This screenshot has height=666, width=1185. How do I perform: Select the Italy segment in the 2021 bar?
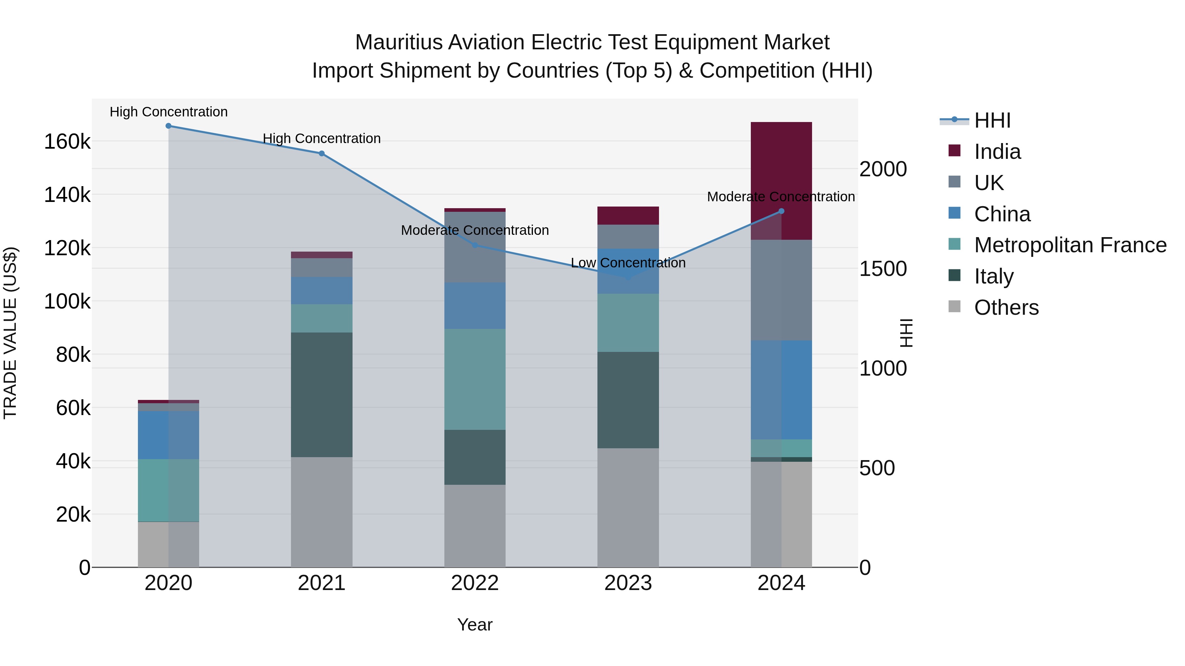pos(322,394)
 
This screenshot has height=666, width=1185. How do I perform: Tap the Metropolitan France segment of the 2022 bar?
pos(475,379)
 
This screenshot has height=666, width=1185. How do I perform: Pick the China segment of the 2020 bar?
pos(168,435)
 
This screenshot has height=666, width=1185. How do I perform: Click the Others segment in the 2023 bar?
pos(628,507)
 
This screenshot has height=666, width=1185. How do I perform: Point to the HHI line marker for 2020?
pos(168,126)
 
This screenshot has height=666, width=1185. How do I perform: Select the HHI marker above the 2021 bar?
pos(322,154)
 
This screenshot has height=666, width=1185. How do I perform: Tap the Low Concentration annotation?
pos(628,263)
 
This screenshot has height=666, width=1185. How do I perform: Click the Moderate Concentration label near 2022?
pos(475,230)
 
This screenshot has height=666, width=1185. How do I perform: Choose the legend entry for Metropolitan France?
pos(1070,245)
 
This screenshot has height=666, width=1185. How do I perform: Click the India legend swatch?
pos(955,151)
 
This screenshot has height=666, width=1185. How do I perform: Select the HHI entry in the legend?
pos(992,120)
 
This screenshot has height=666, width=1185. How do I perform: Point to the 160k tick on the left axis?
pos(67,141)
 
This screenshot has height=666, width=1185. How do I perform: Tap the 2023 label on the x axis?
pos(628,583)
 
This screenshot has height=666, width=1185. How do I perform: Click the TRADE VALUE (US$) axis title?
pos(10,333)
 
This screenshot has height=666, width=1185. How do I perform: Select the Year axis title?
pos(475,625)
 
